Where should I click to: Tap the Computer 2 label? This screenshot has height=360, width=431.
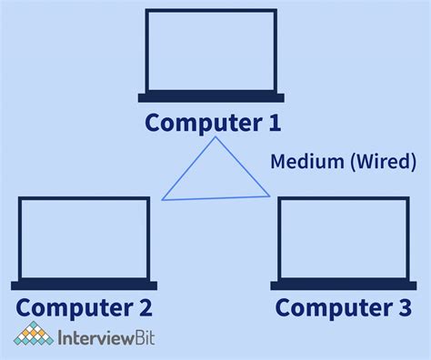[84, 307]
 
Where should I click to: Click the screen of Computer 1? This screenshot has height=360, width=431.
[211, 50]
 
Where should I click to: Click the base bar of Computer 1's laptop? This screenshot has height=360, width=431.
[211, 97]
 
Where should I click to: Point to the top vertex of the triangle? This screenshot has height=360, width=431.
[215, 137]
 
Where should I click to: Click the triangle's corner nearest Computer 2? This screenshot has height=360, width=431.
[163, 199]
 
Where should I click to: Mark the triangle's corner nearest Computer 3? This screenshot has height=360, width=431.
[270, 195]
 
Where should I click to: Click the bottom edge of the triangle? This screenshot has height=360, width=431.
[216, 197]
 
